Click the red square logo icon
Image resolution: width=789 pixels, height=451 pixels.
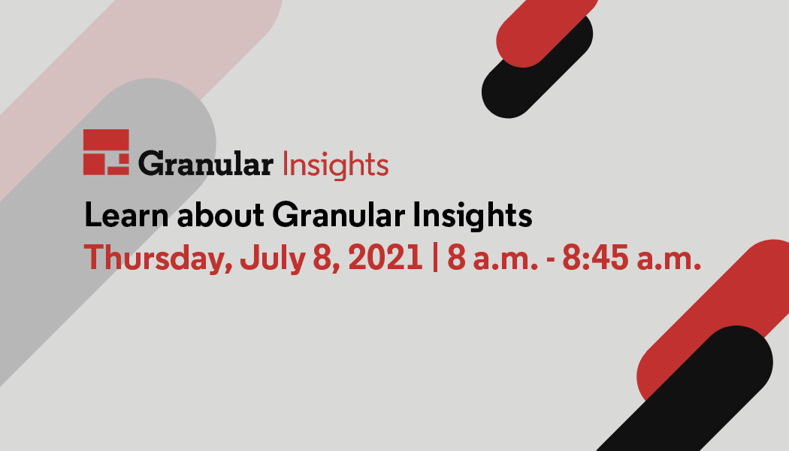[x=106, y=152]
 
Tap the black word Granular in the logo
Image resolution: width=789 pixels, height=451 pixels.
[x=206, y=164]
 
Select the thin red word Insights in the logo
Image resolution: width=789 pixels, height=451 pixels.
[x=336, y=164]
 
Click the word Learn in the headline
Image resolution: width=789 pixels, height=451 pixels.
[x=126, y=215]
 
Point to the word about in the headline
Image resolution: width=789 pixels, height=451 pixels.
[x=221, y=215]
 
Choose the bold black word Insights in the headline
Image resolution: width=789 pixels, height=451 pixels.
[x=473, y=216]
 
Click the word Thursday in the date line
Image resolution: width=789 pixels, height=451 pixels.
[x=158, y=259]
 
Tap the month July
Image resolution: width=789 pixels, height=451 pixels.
[x=273, y=259]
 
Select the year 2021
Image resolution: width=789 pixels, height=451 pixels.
[x=385, y=257]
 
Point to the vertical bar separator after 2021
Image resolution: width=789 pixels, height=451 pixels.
[x=435, y=258]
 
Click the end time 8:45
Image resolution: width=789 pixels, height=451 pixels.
[x=595, y=257]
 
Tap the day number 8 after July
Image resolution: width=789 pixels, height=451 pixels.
[x=322, y=257]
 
